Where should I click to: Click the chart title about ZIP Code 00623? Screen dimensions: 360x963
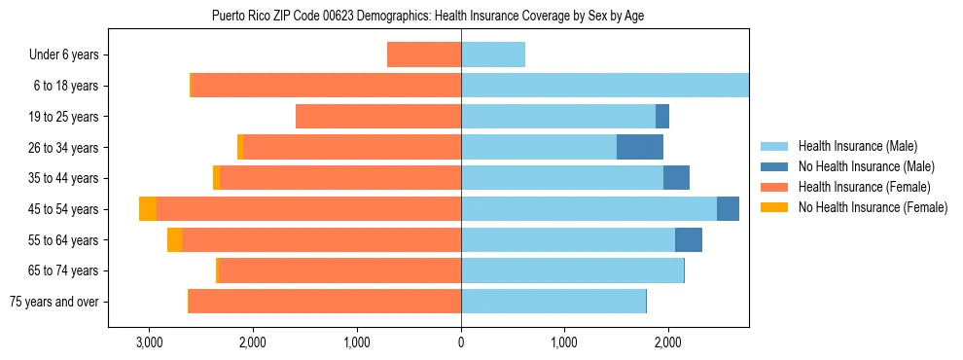(428, 16)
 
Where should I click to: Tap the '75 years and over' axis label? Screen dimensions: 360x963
(54, 302)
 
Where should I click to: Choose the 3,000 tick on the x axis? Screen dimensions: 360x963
(149, 342)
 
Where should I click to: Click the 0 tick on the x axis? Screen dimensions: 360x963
(461, 342)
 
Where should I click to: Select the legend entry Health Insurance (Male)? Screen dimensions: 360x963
(856, 146)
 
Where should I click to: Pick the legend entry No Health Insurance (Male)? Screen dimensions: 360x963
(864, 166)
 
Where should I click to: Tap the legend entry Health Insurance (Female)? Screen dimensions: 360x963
(861, 187)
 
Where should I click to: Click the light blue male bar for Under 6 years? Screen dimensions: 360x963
(493, 54)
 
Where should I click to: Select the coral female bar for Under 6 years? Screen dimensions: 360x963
(424, 54)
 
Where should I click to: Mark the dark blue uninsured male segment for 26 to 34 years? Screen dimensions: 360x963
(640, 147)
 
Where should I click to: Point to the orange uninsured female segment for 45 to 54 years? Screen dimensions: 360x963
(148, 209)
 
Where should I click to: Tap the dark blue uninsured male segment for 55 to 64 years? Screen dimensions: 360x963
(689, 240)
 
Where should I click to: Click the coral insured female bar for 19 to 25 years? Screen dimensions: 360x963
(378, 117)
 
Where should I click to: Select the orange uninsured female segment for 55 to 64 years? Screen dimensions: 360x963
(174, 240)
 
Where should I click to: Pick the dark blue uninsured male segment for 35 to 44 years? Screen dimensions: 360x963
(676, 178)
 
